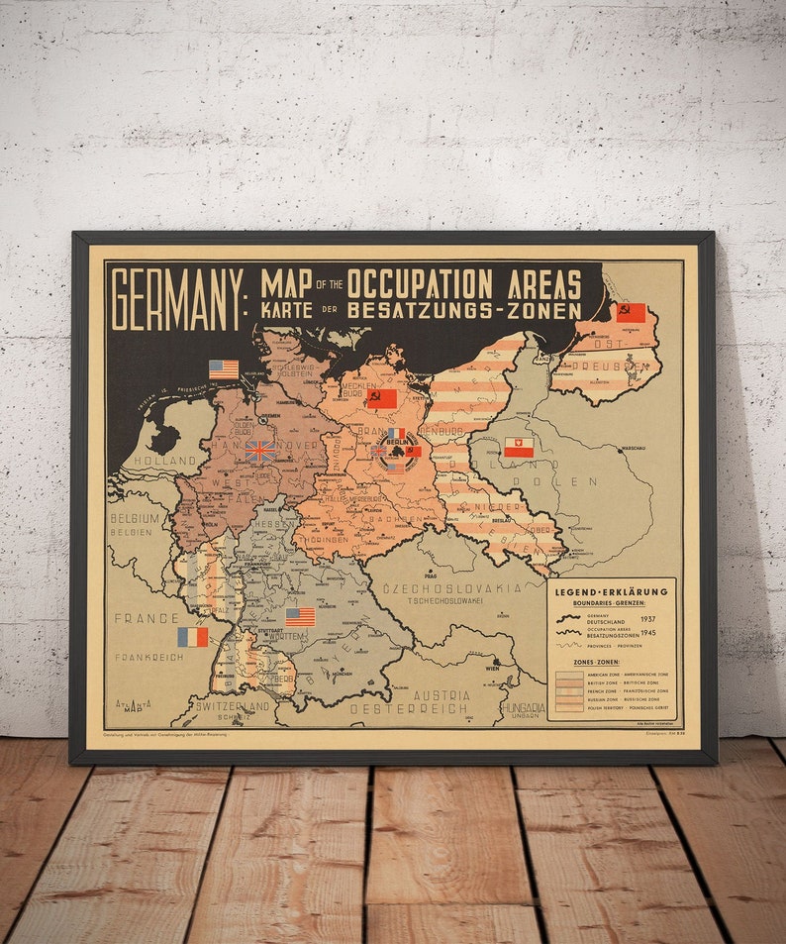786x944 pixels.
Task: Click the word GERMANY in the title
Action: pyautogui.click(x=175, y=299)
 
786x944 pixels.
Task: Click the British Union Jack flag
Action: pyautogui.click(x=260, y=451)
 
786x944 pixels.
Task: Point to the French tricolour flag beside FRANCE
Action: pyautogui.click(x=193, y=637)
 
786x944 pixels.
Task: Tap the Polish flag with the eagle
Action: pyautogui.click(x=518, y=448)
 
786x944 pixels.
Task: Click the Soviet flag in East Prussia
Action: pyautogui.click(x=631, y=313)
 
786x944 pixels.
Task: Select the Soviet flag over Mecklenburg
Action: pyautogui.click(x=381, y=398)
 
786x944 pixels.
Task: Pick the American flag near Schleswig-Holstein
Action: pyautogui.click(x=224, y=369)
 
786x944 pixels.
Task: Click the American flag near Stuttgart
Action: pyautogui.click(x=300, y=616)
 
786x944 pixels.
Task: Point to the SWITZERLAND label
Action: pyautogui.click(x=233, y=706)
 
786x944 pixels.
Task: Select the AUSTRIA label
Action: pyautogui.click(x=442, y=695)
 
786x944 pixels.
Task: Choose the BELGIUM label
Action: pyautogui.click(x=135, y=518)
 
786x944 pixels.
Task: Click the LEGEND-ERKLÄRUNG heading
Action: pyautogui.click(x=611, y=591)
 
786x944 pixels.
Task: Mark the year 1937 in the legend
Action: pyautogui.click(x=648, y=618)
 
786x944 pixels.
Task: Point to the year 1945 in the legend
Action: pyautogui.click(x=648, y=632)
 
